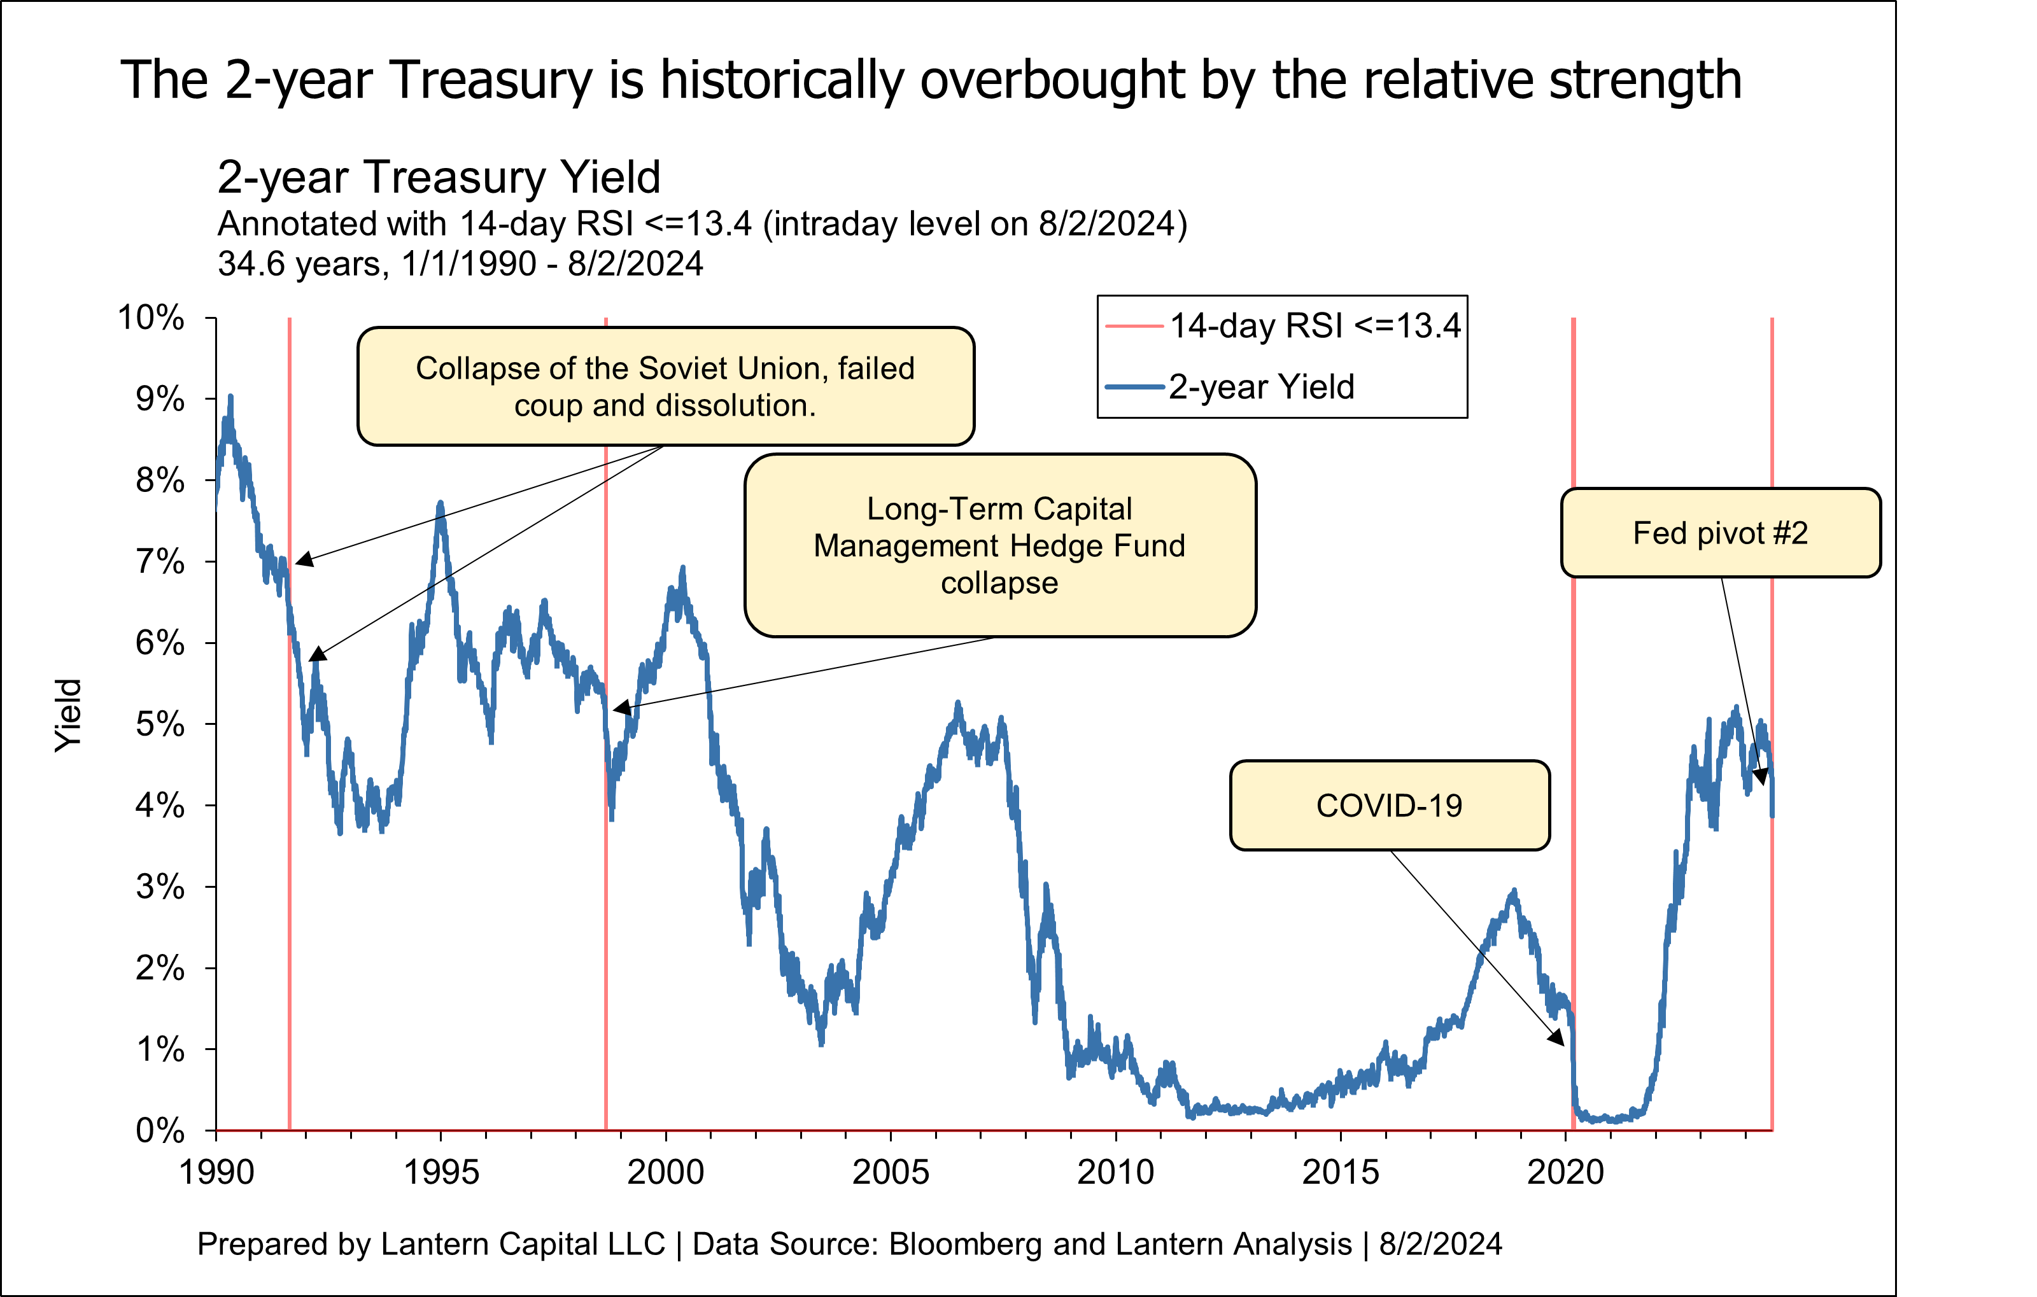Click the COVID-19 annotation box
point(1389,805)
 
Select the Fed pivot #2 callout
point(1720,533)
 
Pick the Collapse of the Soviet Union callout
point(665,386)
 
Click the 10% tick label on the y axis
point(152,318)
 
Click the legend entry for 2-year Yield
point(1260,386)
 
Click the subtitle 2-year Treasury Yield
point(438,177)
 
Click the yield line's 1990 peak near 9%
point(230,397)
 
